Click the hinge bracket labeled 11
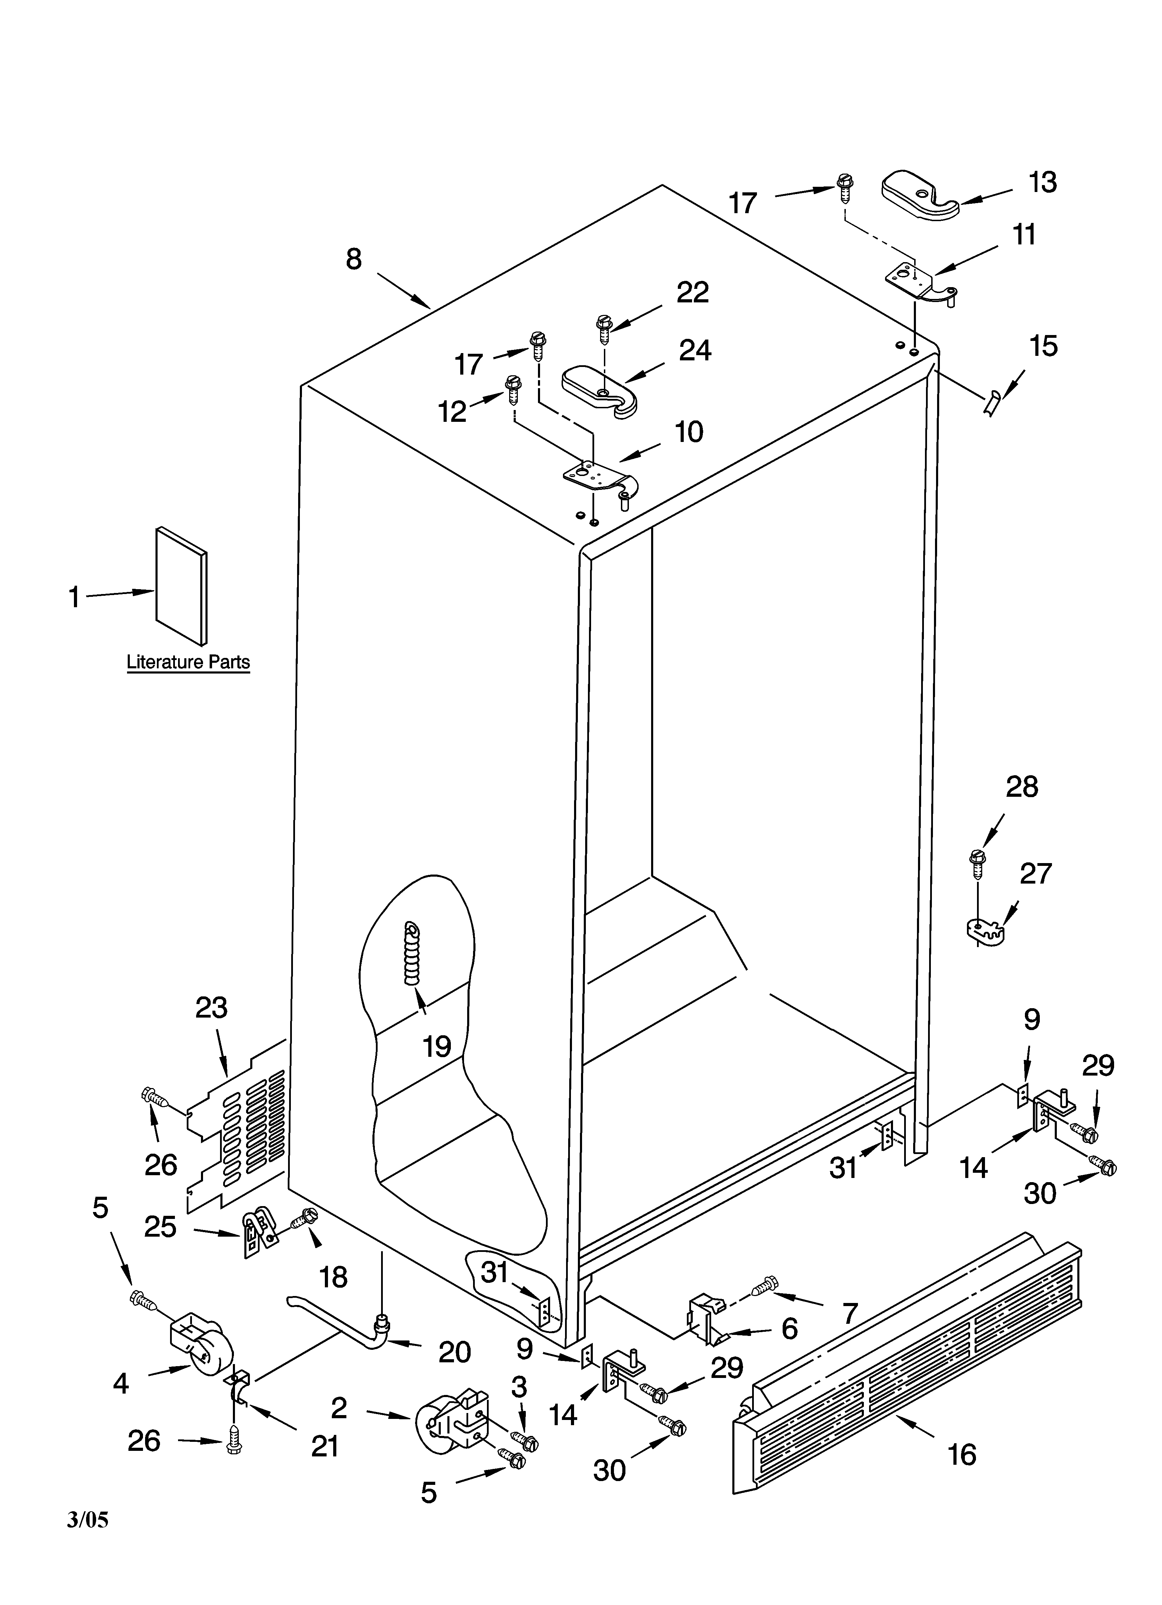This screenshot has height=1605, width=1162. coord(919,279)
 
